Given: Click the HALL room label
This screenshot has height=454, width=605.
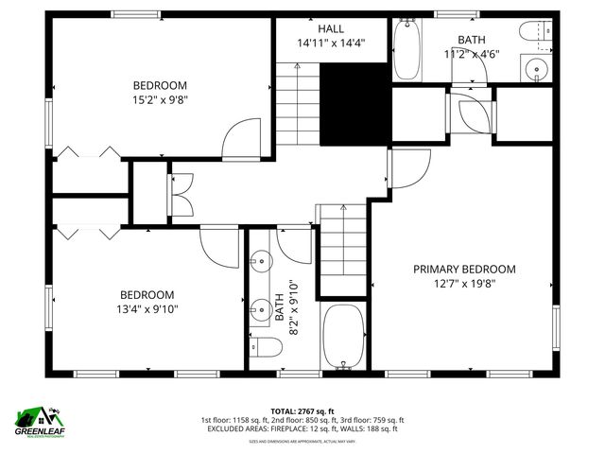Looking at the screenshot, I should click(331, 28).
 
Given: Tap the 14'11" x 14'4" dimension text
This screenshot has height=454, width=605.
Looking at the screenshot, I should click(331, 44).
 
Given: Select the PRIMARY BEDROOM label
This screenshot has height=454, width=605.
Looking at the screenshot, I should click(464, 269).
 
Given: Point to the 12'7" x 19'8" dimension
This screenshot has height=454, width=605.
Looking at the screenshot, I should click(464, 283).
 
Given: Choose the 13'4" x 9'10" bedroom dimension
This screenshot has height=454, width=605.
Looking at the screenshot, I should click(147, 308).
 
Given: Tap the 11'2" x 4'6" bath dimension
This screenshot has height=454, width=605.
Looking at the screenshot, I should click(472, 54).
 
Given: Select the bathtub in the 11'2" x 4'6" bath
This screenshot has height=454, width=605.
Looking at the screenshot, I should click(407, 50).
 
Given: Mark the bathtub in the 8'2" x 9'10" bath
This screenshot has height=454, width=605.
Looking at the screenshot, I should click(343, 336).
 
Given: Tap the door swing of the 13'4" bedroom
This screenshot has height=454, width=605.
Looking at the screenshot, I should click(219, 249).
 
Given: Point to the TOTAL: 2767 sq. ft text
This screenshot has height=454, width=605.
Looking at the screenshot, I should click(302, 410).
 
